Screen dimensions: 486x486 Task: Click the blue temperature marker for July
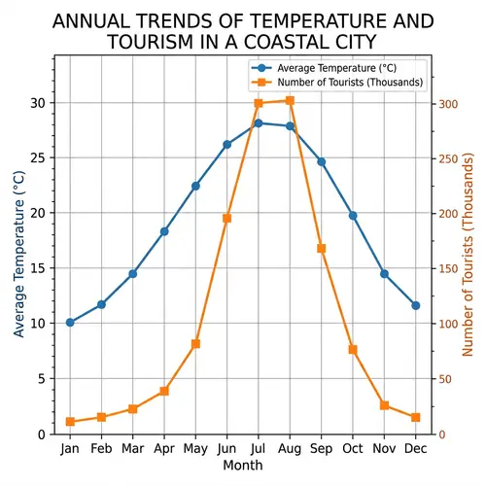pos(259,123)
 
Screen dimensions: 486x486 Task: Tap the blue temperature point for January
pos(70,322)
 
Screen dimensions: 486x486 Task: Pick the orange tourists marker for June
pos(226,219)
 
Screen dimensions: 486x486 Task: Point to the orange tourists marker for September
pos(321,249)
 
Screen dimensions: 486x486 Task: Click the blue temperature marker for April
pos(164,231)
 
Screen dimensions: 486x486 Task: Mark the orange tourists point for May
pos(195,344)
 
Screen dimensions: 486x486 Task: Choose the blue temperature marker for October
pos(353,215)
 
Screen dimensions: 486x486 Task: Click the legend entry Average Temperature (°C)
pos(336,68)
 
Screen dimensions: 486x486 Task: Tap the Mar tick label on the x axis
pos(132,449)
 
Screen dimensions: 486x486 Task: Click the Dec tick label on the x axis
pos(415,449)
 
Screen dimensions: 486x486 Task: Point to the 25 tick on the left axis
pos(36,157)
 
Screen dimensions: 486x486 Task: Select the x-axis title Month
pos(242,467)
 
